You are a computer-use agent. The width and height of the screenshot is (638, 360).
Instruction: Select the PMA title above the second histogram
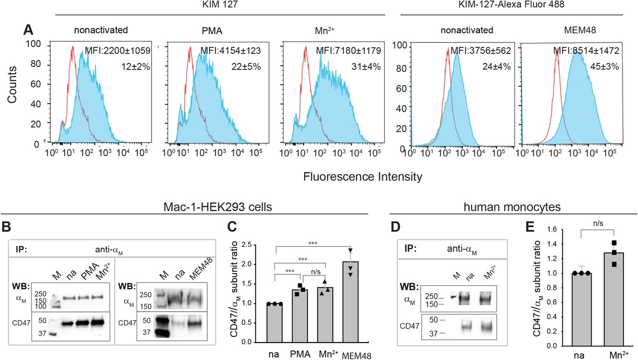click(x=202, y=30)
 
